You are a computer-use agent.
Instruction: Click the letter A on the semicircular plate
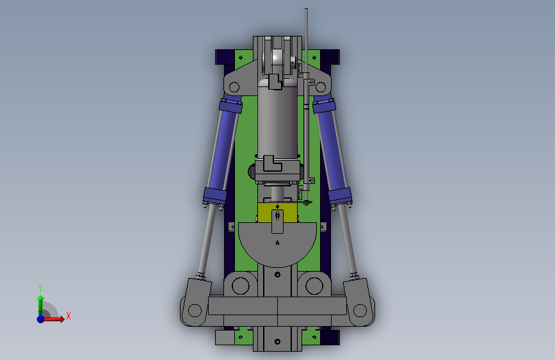click(277, 243)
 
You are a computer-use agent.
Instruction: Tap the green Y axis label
click(40, 288)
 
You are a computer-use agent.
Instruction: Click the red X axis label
click(68, 316)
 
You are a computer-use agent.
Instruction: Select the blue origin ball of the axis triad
click(41, 319)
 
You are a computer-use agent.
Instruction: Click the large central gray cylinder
click(277, 120)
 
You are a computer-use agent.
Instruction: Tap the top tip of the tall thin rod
click(306, 9)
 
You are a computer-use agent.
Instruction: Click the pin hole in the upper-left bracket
click(234, 87)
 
